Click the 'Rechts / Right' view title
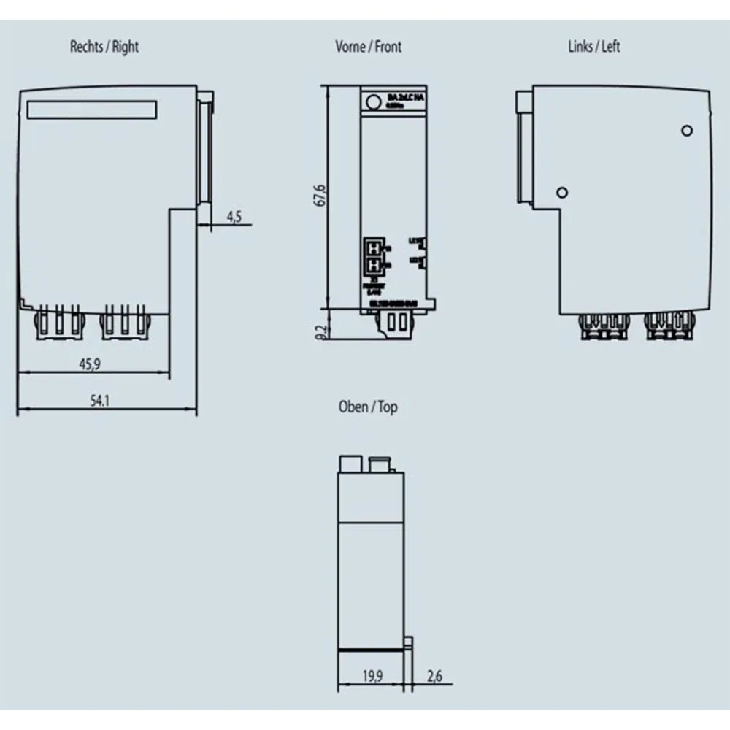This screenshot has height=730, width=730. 104,47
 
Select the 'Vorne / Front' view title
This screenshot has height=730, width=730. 368,47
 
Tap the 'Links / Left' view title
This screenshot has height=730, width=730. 593,47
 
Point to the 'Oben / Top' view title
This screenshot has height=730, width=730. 368,407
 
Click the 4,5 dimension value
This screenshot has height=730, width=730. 234,217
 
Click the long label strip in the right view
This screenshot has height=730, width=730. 92,109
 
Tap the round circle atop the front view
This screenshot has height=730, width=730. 373,102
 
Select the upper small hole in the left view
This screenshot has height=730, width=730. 686,130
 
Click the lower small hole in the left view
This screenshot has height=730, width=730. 561,192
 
